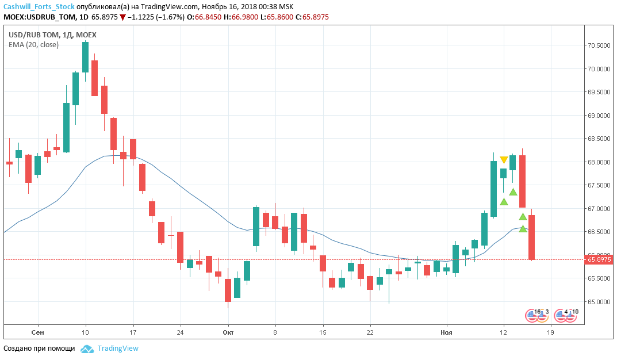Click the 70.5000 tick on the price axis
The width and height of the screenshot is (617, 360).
click(599, 45)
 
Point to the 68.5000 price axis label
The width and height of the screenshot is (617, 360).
click(599, 139)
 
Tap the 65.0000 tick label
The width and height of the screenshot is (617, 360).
click(599, 302)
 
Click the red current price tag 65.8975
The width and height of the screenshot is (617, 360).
click(599, 260)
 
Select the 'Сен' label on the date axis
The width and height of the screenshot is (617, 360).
click(38, 332)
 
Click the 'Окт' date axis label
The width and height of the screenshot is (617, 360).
click(228, 332)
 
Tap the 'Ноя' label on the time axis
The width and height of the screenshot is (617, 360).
click(446, 332)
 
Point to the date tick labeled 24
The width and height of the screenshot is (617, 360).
click(180, 332)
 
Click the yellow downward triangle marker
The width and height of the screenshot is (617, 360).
click(504, 160)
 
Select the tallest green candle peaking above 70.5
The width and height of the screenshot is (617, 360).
click(85, 58)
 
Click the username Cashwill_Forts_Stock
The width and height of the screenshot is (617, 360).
click(39, 7)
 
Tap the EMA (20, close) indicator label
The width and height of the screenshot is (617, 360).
click(33, 44)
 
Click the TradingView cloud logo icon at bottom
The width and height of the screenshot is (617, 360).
click(87, 348)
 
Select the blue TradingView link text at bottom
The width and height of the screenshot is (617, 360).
click(118, 348)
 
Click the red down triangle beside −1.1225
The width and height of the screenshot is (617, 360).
click(122, 17)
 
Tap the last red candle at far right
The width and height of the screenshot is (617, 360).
click(532, 237)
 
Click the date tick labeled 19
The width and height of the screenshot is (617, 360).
click(550, 332)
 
